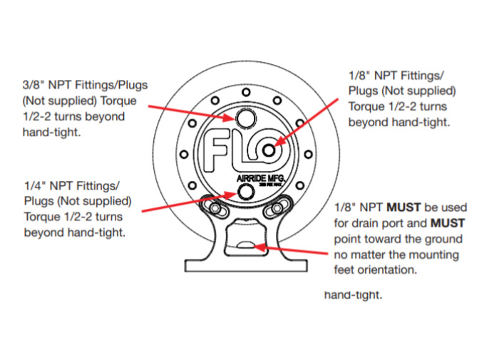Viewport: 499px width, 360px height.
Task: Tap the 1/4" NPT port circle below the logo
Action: point(247,191)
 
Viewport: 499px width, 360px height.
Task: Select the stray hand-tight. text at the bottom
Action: point(354,294)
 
